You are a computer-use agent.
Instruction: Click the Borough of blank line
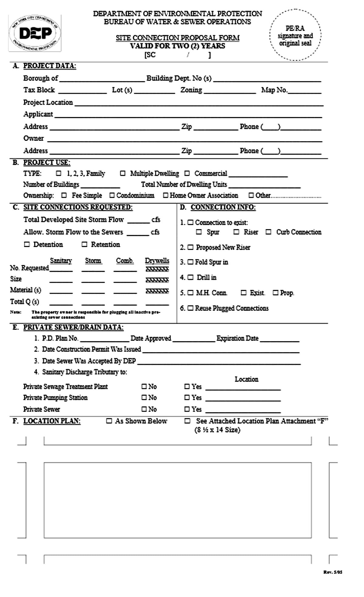coord(102,79)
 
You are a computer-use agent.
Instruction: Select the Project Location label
coord(48,103)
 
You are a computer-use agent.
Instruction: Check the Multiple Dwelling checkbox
coord(123,174)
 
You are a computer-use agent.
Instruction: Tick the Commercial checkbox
coord(187,174)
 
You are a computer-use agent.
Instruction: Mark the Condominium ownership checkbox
coord(112,195)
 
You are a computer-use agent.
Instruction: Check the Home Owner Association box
coord(166,195)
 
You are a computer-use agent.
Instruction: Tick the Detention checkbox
coord(27,245)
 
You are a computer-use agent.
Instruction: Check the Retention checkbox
coord(84,245)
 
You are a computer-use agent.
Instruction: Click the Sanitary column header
coord(61,261)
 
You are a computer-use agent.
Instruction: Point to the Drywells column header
coord(157,261)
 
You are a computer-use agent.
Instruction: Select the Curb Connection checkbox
coord(268,232)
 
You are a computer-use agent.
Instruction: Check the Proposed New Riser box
coord(190,248)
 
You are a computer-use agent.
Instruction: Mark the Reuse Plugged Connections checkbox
coord(190,308)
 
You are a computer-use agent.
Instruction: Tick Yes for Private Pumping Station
coord(187,398)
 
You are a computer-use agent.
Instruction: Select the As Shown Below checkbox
coord(109,421)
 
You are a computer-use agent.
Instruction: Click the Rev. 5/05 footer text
coord(333,572)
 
